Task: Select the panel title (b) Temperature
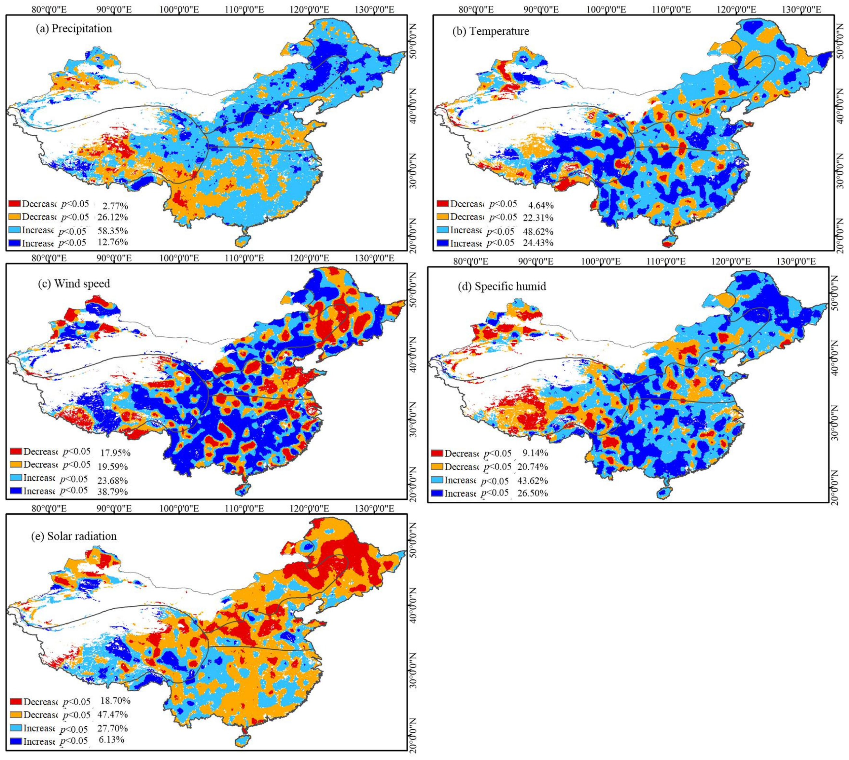[x=491, y=31]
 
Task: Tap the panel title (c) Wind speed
[x=74, y=284]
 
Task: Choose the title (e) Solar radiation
[x=74, y=536]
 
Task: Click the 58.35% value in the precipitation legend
[x=112, y=231]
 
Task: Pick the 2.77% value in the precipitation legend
[x=115, y=205]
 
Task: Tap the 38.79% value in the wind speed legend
[x=114, y=492]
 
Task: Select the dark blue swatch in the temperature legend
[x=442, y=243]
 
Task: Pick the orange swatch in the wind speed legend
[x=15, y=464]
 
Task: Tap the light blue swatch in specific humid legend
[x=437, y=480]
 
